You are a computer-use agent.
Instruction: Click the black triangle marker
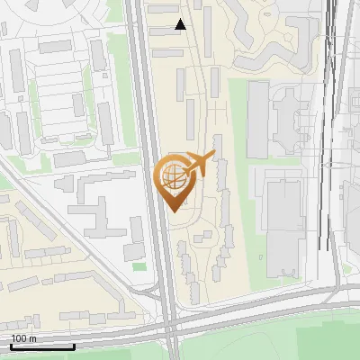tap(181, 24)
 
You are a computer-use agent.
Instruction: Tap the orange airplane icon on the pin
tap(201, 164)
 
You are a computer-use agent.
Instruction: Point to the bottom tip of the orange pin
tap(175, 211)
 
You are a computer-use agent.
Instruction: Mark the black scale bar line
tap(42, 346)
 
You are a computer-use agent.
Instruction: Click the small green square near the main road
tap(139, 266)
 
